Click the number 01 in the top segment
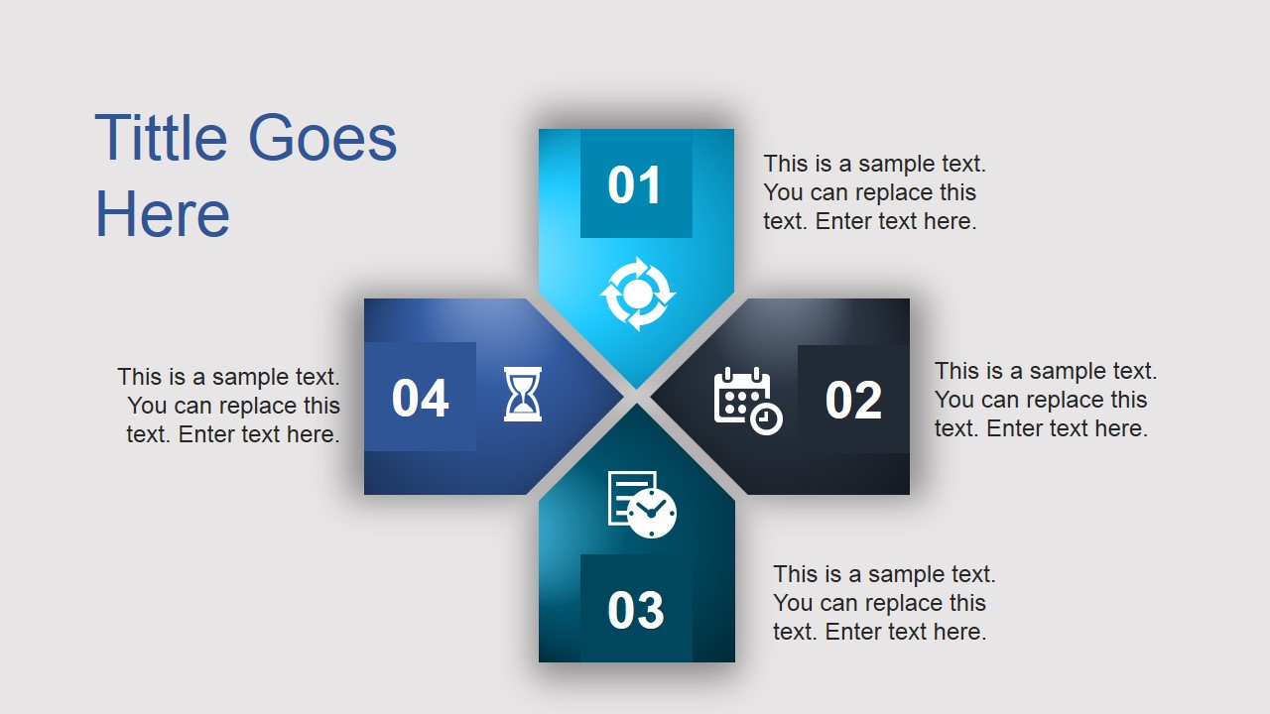635,185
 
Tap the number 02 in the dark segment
853,400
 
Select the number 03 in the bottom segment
635,610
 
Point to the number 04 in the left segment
420,399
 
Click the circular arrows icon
638,294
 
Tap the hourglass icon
523,395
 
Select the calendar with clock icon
747,401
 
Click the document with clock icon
641,504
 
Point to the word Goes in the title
322,138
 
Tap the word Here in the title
162,215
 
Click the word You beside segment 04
147,406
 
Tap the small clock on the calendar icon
766,418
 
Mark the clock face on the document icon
652,513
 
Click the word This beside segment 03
795,574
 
